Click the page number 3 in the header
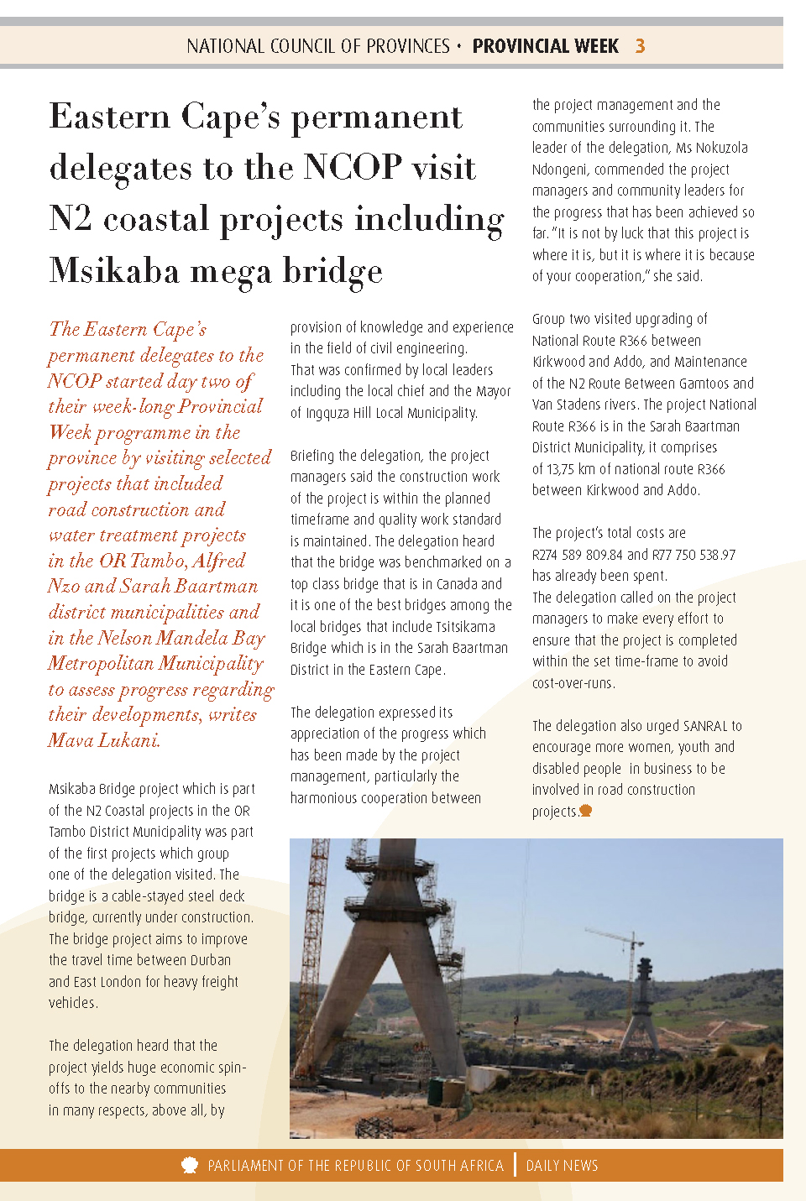click(641, 46)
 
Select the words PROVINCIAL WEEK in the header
click(546, 46)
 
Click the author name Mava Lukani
click(103, 740)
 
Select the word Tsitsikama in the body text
click(465, 627)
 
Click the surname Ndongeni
click(563, 170)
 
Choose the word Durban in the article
click(204, 960)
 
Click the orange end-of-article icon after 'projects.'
click(586, 811)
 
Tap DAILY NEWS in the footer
click(562, 1166)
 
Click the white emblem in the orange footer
click(190, 1165)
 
